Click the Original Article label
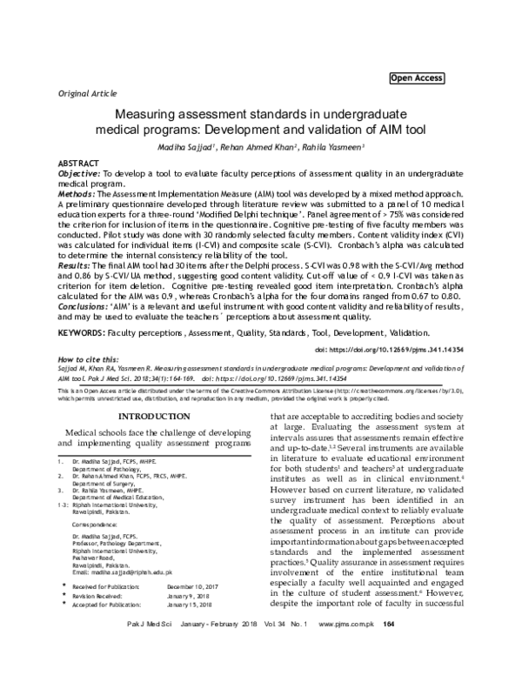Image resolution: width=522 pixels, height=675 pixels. [87, 92]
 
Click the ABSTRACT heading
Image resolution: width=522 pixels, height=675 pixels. [77, 164]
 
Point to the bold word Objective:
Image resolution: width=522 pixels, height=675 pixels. [84, 173]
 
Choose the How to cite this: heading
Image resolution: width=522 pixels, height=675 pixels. [90, 359]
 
